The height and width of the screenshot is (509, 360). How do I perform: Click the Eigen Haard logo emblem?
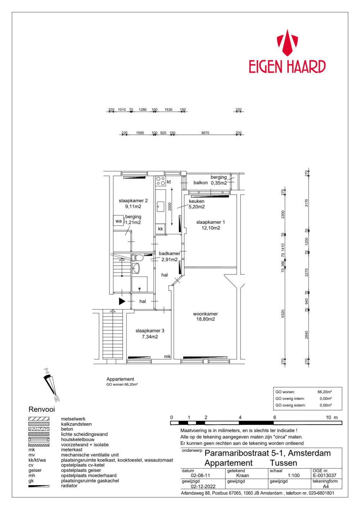287,42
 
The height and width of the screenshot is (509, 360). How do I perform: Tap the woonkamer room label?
205,314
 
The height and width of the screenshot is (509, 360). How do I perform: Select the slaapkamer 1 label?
210,222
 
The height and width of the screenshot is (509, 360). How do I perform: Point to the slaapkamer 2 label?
133,201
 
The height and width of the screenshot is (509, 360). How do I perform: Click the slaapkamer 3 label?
150,331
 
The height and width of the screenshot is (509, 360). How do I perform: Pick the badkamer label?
169,254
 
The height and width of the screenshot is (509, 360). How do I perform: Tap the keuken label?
197,201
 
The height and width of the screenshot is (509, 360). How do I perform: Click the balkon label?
201,183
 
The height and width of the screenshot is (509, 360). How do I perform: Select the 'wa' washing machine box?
118,221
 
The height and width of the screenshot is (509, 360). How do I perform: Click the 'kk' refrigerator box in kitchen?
161,229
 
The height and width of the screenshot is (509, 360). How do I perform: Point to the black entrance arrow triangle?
122,301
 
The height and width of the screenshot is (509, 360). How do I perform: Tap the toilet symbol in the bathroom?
138,258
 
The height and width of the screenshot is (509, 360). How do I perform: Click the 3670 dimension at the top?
205,133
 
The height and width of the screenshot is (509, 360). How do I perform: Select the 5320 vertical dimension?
283,314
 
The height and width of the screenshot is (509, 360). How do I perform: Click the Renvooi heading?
42,409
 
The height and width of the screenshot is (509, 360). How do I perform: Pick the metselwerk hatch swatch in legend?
39,419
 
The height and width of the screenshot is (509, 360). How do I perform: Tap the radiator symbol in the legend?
39,486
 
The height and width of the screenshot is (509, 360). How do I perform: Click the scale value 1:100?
293,476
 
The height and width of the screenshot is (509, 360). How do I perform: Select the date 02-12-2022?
203,487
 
